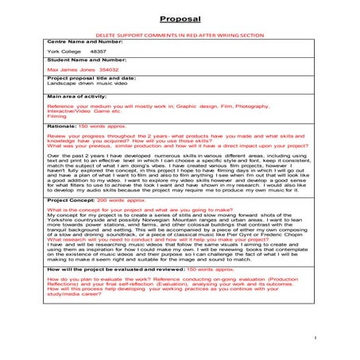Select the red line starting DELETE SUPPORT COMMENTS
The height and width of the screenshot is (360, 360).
[x=180, y=37]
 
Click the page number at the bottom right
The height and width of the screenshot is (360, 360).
[x=315, y=337]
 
